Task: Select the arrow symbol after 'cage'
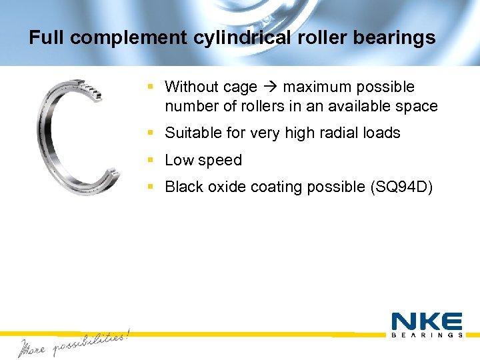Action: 271,87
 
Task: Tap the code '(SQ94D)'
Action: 401,187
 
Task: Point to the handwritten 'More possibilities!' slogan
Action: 73,343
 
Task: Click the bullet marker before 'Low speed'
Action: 152,160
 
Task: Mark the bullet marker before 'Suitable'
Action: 152,133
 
